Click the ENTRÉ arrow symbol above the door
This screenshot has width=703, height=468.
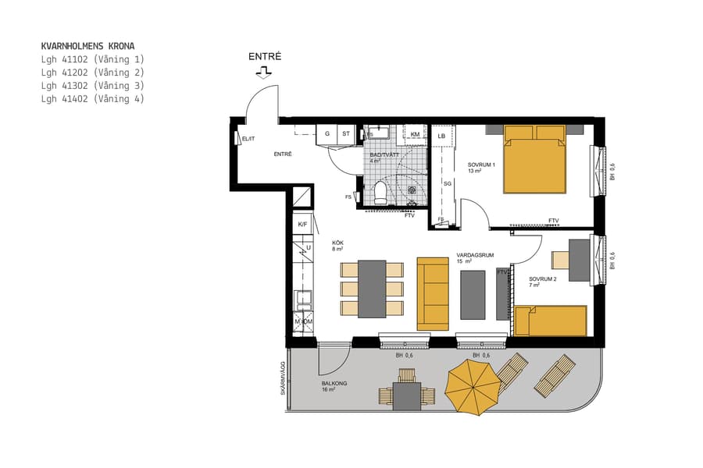tap(264, 72)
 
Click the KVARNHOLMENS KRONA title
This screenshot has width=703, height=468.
tap(92, 46)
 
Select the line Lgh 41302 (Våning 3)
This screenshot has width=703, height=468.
tap(92, 86)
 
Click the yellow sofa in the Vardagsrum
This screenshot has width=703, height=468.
tap(433, 293)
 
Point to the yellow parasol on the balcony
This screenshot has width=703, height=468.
tap(473, 384)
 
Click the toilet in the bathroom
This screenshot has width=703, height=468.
tap(380, 192)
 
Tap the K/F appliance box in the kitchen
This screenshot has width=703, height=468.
tap(302, 225)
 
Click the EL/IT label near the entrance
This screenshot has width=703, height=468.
tap(249, 139)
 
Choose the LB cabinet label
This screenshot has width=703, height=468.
tap(441, 136)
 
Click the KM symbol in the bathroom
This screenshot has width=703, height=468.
tap(416, 135)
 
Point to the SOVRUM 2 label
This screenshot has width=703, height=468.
tap(542, 279)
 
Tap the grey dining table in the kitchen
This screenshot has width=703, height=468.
tap(372, 289)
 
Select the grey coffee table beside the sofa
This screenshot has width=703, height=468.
tap(473, 293)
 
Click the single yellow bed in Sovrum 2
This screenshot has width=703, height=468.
tap(551, 321)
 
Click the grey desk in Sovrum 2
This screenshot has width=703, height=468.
tap(579, 260)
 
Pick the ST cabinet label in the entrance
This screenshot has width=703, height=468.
tap(345, 134)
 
